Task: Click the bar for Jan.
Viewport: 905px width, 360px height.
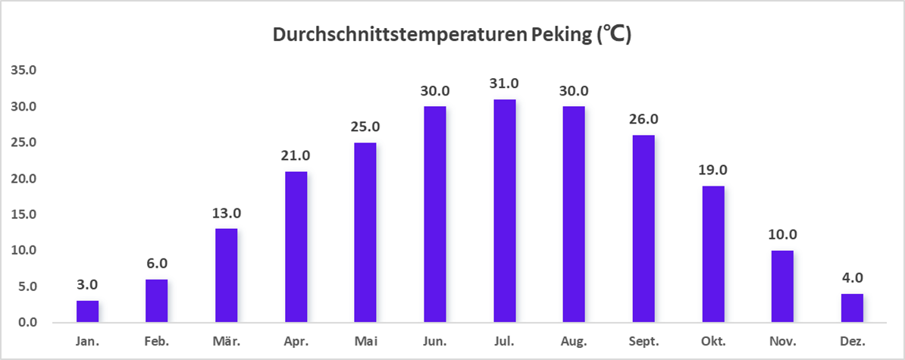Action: pos(88,311)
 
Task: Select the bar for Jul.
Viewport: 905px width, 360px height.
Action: pos(505,211)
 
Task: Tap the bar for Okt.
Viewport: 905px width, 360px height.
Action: pos(713,254)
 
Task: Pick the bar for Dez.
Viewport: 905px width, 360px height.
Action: pos(852,308)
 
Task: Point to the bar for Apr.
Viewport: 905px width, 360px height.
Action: pos(296,247)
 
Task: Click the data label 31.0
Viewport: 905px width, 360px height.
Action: pos(505,83)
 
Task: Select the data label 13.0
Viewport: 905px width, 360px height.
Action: pos(227,213)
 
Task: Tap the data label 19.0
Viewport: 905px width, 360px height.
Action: pos(713,170)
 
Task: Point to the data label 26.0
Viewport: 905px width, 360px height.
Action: pos(644,120)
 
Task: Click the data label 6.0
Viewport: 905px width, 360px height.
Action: pos(157,264)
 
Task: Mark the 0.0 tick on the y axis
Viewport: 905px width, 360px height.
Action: pos(28,323)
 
